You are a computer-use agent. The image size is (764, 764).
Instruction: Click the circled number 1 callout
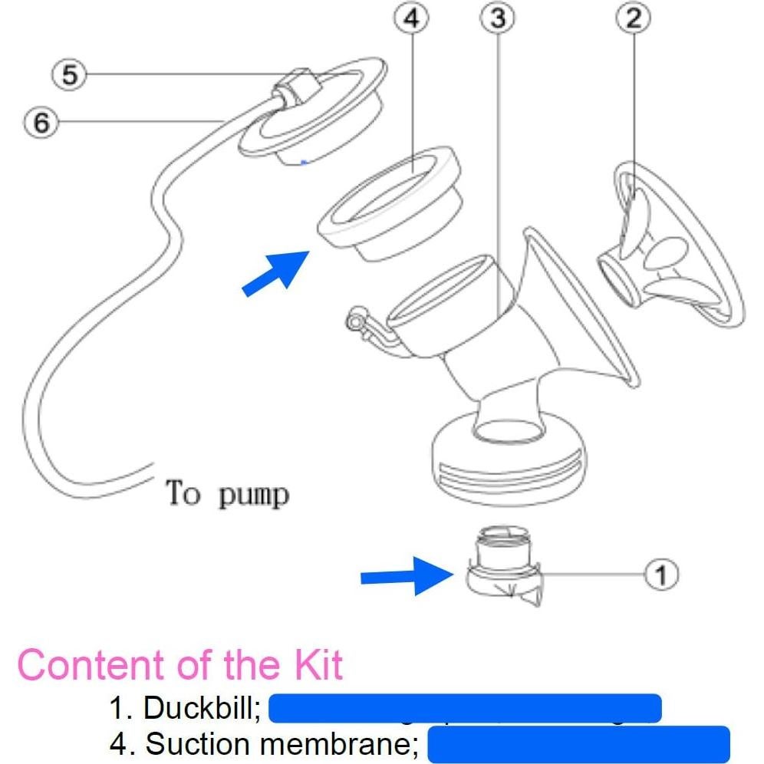tap(662, 573)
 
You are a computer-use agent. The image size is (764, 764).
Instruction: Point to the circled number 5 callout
tap(70, 75)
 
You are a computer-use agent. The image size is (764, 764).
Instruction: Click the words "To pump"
tap(228, 493)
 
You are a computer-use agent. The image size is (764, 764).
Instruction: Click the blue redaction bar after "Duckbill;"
tap(466, 708)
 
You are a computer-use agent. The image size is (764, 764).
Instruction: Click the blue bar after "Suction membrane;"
tap(578, 743)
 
